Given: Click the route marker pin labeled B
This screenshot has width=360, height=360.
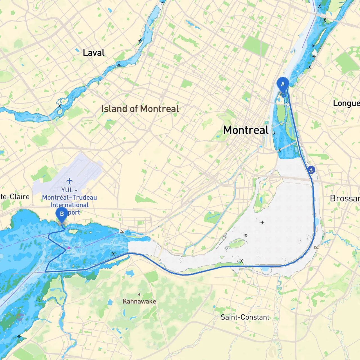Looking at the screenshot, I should click(62, 214).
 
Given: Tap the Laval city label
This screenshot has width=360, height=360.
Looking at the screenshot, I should click(93, 53).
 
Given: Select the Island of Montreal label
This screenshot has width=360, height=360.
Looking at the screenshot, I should click(140, 109).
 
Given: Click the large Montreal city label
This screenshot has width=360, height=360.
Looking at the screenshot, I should click(246, 130).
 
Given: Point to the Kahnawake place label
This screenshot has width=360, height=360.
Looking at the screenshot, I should click(139, 301).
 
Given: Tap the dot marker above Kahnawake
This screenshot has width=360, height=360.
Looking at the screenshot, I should click(139, 294).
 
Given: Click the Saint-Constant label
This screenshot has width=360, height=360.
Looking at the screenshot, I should click(245, 317).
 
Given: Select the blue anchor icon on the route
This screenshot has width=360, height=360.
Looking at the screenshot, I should click(311, 170).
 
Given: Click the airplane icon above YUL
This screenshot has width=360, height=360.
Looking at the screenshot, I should click(69, 181).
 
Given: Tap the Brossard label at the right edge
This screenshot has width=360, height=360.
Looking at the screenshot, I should click(345, 198).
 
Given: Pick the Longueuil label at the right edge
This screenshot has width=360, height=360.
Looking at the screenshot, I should click(346, 103).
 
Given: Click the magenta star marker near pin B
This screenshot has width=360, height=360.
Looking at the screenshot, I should click(69, 248).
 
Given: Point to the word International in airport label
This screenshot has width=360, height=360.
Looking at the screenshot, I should click(69, 205).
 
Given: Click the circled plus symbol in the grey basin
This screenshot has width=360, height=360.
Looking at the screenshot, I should click(262, 222).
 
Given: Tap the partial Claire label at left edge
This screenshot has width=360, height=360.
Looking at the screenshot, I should click(15, 197).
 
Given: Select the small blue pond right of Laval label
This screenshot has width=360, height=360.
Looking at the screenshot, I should click(77, 50).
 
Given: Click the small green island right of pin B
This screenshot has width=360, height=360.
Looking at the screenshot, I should click(73, 231).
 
